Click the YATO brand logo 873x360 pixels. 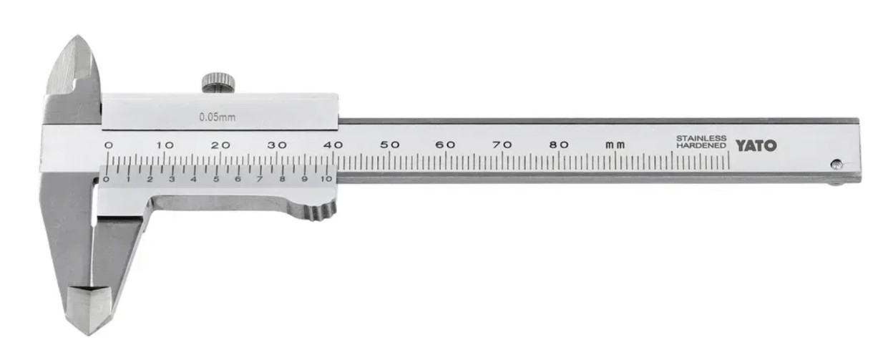[756, 146]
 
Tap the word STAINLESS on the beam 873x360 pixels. [701, 138]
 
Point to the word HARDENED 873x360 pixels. [701, 146]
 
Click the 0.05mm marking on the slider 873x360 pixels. [217, 117]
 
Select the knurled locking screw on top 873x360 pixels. [218, 82]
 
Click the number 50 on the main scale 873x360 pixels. [390, 145]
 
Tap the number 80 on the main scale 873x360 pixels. [559, 145]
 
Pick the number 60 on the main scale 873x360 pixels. [446, 145]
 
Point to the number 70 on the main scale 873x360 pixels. [502, 145]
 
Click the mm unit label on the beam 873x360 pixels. [615, 146]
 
